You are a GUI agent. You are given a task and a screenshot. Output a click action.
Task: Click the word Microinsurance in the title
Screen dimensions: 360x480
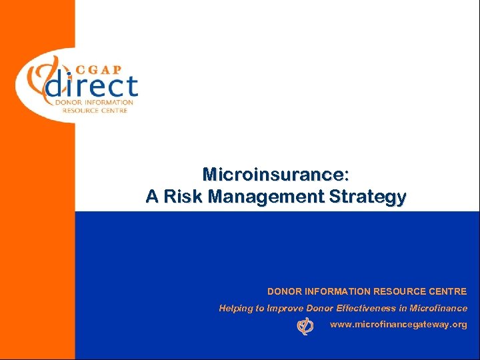[275, 175]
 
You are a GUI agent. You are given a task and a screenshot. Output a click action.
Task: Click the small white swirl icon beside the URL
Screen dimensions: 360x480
[305, 325]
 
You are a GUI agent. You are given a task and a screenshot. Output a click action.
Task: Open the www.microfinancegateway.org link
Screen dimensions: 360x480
[398, 325]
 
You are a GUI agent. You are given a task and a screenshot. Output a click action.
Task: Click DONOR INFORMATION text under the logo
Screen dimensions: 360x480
[94, 103]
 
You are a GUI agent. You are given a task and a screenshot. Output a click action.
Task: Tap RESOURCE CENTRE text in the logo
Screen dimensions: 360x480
[94, 110]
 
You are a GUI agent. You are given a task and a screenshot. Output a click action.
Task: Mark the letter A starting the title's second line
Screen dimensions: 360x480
[151, 197]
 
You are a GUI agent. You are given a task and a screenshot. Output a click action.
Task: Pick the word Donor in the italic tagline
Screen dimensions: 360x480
[322, 308]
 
